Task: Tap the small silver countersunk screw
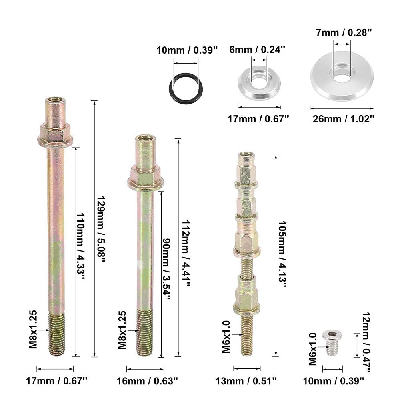[x=332, y=343]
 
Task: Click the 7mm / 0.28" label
[x=344, y=33]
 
